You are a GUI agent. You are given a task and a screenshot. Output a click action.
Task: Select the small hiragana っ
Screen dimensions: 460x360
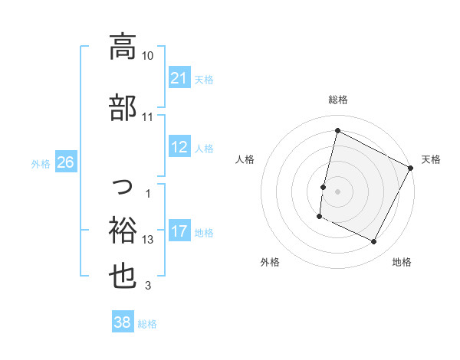point(123,184)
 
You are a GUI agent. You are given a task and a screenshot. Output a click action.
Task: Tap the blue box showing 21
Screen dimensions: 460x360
point(179,78)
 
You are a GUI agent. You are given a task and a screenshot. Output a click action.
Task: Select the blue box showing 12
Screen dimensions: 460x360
point(179,148)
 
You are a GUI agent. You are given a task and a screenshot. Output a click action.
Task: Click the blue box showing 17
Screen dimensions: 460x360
point(179,232)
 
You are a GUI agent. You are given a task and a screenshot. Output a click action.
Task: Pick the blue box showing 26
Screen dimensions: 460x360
point(65,163)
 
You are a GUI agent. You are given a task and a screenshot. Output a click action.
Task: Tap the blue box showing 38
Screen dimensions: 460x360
point(122,323)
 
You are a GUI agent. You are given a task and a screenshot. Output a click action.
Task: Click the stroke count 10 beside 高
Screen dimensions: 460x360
point(148,56)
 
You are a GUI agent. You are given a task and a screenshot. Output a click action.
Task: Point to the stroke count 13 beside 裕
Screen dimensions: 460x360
point(148,240)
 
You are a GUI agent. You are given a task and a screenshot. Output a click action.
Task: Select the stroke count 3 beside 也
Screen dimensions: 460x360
point(148,286)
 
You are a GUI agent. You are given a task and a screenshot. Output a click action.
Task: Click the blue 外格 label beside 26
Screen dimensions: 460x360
point(41,164)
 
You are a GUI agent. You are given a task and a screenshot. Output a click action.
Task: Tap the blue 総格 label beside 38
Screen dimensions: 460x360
point(147,324)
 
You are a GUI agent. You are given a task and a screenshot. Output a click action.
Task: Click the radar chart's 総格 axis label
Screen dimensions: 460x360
point(337,100)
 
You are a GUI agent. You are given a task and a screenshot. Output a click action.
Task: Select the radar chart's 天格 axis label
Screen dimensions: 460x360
point(431,159)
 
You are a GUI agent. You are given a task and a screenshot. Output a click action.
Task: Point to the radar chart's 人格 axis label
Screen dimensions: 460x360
point(245,159)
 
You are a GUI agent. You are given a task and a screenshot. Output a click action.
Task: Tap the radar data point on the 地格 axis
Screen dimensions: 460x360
point(374,242)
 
